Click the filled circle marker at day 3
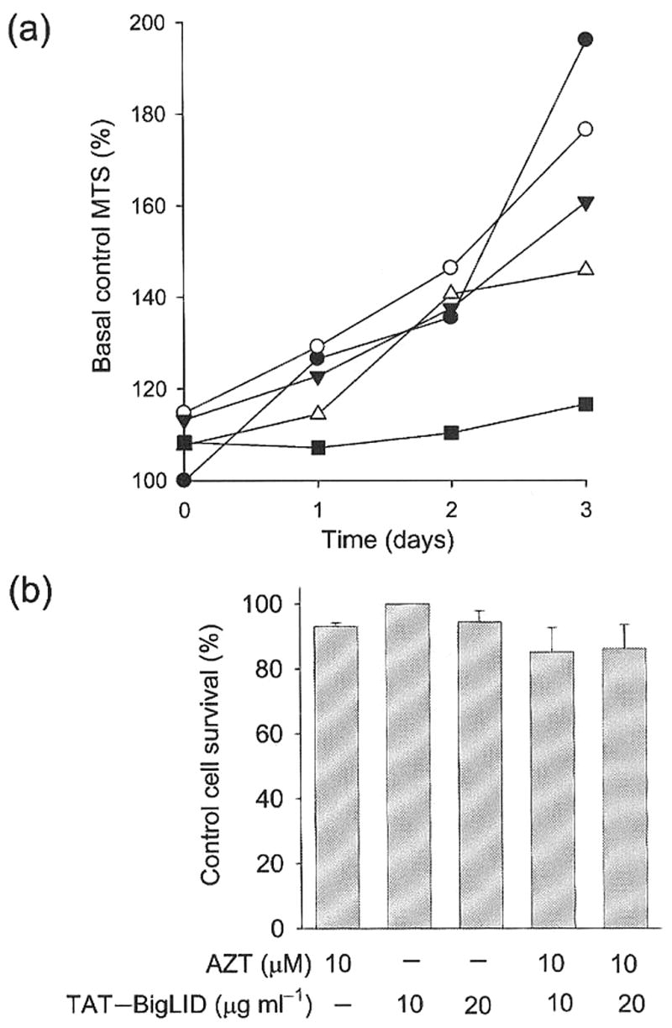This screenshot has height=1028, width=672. pyautogui.click(x=585, y=39)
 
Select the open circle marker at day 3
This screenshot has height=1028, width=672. pyautogui.click(x=585, y=129)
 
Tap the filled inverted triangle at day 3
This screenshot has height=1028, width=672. pyautogui.click(x=585, y=203)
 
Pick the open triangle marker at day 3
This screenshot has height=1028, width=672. pyautogui.click(x=585, y=269)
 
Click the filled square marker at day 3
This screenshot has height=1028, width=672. pyautogui.click(x=585, y=404)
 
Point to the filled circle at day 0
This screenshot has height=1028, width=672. pyautogui.click(x=183, y=480)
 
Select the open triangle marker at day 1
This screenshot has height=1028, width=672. pyautogui.click(x=318, y=413)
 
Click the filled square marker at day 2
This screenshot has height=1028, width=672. pyautogui.click(x=451, y=433)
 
